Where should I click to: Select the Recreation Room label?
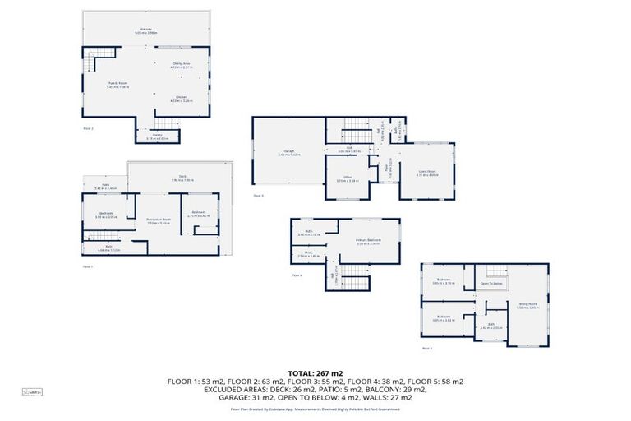[159, 220]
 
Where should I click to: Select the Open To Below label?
[491, 285]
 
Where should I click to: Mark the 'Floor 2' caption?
[89, 128]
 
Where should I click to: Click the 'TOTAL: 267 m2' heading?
[315, 372]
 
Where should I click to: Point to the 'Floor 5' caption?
[426, 349]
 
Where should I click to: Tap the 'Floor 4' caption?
[297, 275]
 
